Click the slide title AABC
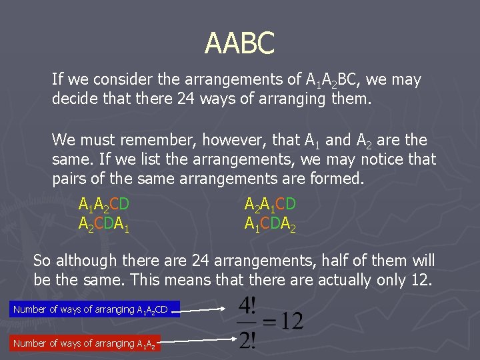[x=239, y=44]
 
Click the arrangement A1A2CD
[x=103, y=204]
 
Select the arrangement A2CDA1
[x=103, y=223]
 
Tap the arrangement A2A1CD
[x=270, y=204]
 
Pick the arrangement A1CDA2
[x=270, y=223]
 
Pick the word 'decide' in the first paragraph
[x=72, y=99]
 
